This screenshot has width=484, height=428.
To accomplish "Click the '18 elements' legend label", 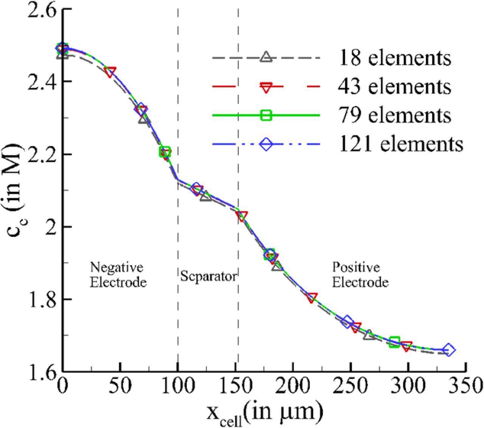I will (394, 58).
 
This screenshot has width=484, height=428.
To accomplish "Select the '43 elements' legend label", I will (394, 87).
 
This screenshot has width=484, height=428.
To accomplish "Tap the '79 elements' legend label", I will (394, 115).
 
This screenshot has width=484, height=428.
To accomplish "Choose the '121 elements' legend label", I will (401, 144).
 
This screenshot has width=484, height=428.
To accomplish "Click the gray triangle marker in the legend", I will (266, 57).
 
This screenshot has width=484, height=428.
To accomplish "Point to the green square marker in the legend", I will (266, 115).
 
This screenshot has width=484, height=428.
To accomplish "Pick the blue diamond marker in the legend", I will (266, 144).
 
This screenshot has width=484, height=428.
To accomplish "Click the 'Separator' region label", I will (208, 276).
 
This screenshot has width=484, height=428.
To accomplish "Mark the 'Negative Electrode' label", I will (118, 275).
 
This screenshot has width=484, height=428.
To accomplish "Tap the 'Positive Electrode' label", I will (360, 275).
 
